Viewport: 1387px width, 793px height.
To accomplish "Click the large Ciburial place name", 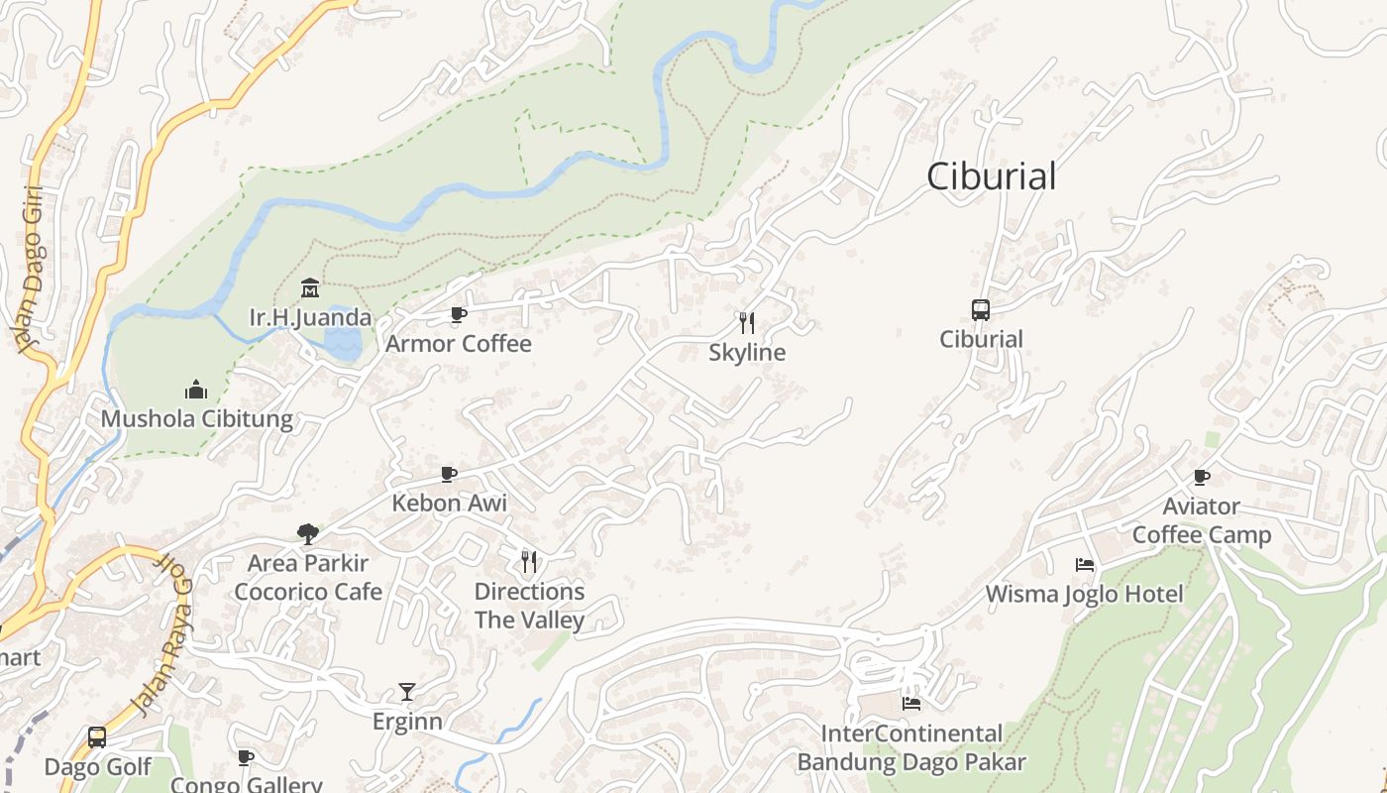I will pos(992,176).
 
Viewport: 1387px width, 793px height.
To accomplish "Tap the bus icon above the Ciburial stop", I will pos(981,309).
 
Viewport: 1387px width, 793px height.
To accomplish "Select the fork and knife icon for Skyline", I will pos(747,322).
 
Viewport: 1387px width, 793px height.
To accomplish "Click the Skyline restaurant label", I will pos(747,353).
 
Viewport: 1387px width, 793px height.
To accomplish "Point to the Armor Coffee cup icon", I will pos(459,314).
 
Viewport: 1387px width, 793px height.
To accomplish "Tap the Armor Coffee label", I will pos(459,344).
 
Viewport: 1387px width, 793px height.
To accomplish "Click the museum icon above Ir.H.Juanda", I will pos(310,288).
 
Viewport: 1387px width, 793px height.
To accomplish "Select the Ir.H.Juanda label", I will pos(310,318).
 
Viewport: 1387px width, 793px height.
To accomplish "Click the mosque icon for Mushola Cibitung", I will pos(196,389).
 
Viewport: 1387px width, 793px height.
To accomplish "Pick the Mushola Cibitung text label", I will pos(196,418).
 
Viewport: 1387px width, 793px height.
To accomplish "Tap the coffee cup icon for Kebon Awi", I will pos(449,474).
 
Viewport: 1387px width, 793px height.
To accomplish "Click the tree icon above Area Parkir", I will pos(308,533).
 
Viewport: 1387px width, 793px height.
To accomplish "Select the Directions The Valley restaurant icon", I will pos(529,562).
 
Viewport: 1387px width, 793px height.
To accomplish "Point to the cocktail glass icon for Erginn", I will pos(407,691).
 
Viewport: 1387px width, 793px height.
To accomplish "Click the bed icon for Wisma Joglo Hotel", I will pos(1085,565).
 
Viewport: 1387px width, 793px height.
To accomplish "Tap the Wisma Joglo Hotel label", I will pos(1084,595).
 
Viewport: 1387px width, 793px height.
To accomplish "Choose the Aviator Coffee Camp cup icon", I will pos(1202,477).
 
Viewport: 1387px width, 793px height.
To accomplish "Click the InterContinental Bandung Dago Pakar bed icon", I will pos(911,704).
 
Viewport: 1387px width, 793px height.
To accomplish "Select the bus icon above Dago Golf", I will pos(97,737).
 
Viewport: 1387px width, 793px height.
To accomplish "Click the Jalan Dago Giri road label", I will pos(30,268).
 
